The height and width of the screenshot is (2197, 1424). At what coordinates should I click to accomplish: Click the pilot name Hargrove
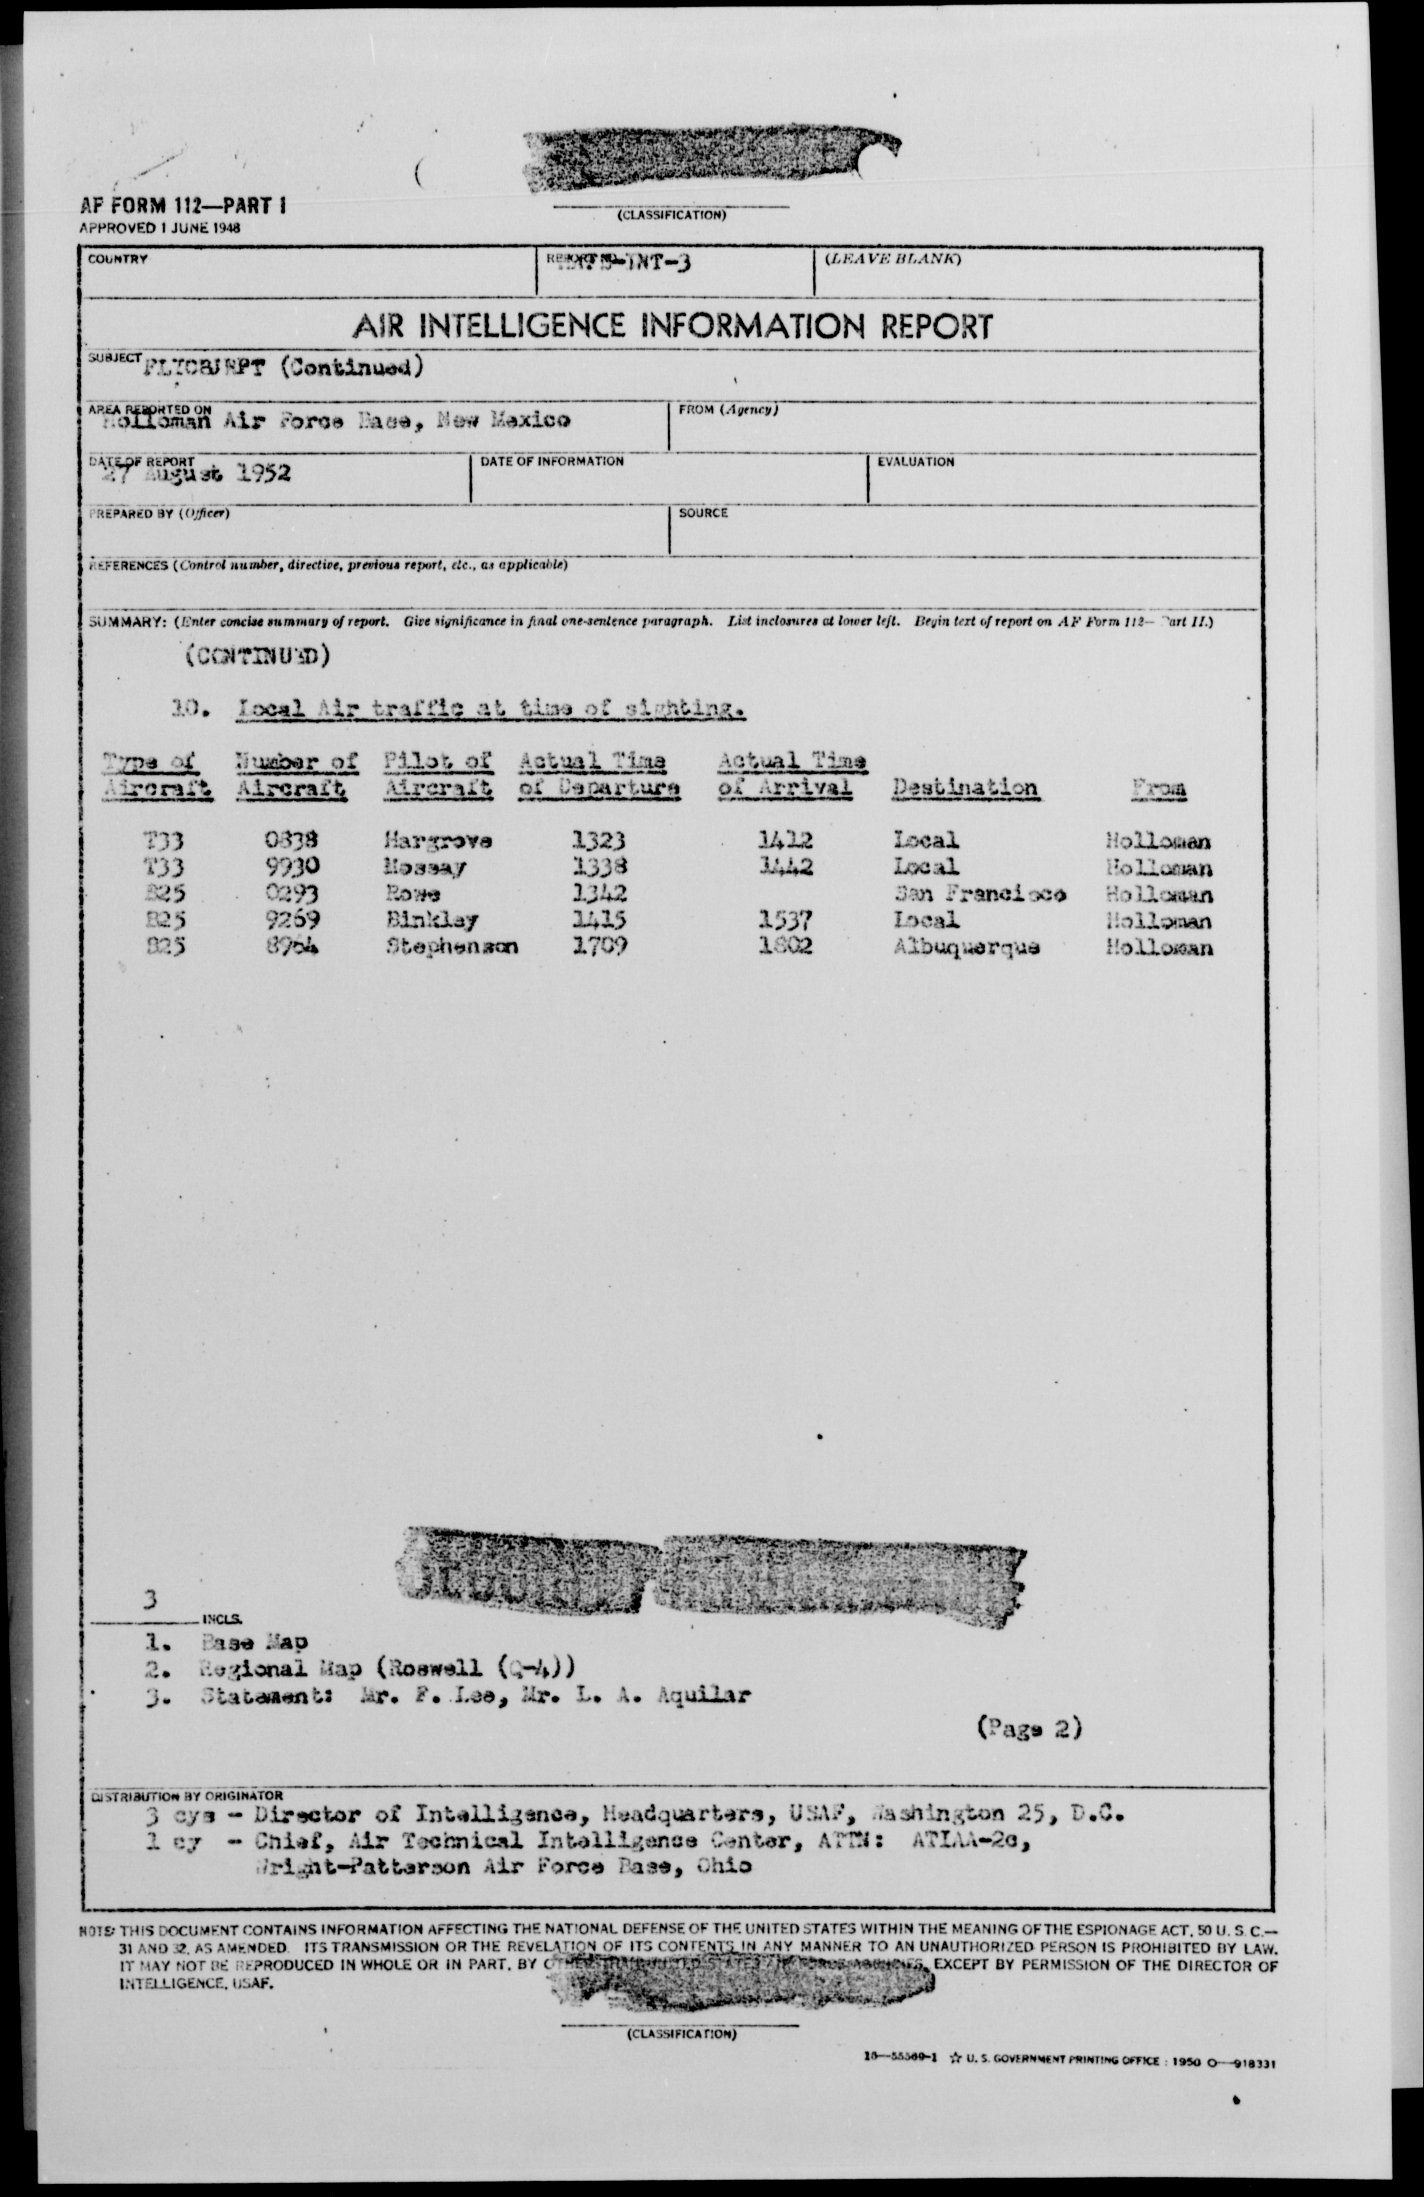coord(439,841)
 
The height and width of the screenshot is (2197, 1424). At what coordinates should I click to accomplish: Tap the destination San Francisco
coord(979,894)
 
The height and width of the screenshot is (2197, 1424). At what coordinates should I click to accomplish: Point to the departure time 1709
coord(600,946)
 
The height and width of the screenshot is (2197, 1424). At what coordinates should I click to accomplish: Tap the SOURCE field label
coord(703,512)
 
